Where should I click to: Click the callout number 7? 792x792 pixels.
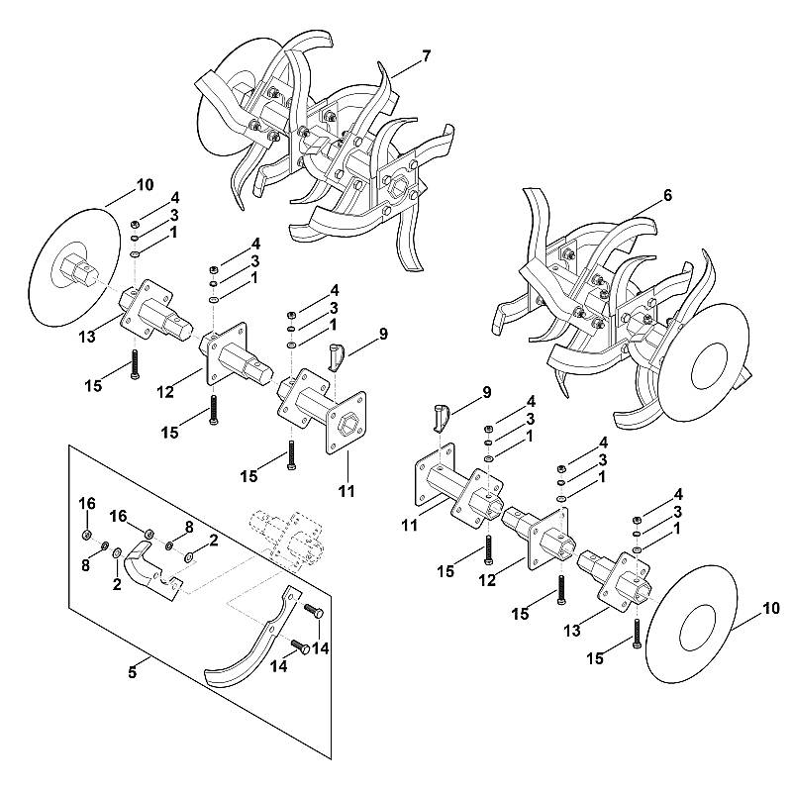coord(427,56)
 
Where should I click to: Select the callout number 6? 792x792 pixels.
coord(667,195)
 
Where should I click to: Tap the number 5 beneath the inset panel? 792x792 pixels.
coord(132,673)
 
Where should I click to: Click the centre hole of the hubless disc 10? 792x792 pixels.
coord(697,627)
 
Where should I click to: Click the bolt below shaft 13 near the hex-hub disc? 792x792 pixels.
coord(134,364)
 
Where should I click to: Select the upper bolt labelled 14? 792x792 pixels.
coord(313,610)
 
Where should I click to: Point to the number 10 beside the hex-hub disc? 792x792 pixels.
coord(145,185)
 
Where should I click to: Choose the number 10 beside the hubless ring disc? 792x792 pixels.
coord(771,608)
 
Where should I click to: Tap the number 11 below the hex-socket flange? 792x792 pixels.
coord(346,491)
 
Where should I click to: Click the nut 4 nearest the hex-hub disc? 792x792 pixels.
coord(135,224)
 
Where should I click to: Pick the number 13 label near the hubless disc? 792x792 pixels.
coord(572,631)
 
